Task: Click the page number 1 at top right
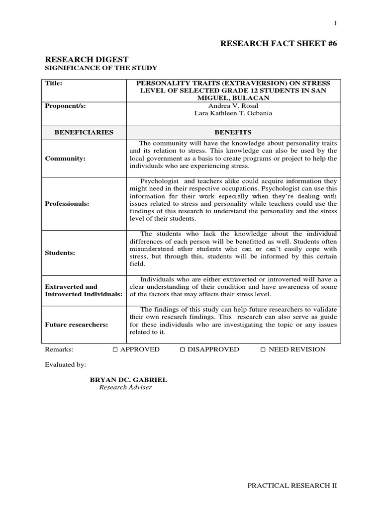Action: click(335, 24)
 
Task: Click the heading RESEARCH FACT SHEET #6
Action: click(278, 44)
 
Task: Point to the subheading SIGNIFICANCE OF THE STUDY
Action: click(101, 68)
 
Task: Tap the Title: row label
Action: click(53, 84)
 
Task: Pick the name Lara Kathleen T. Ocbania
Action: click(233, 114)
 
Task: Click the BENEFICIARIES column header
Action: click(84, 132)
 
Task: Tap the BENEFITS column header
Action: click(233, 132)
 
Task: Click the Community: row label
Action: click(65, 159)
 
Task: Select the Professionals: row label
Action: click(67, 204)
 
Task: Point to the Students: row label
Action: click(60, 253)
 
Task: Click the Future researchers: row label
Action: click(76, 325)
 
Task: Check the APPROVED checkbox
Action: click(115, 350)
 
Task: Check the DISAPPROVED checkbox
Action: click(183, 350)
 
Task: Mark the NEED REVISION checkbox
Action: click(263, 350)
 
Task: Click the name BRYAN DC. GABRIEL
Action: click(128, 380)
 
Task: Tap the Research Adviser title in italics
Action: click(125, 388)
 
